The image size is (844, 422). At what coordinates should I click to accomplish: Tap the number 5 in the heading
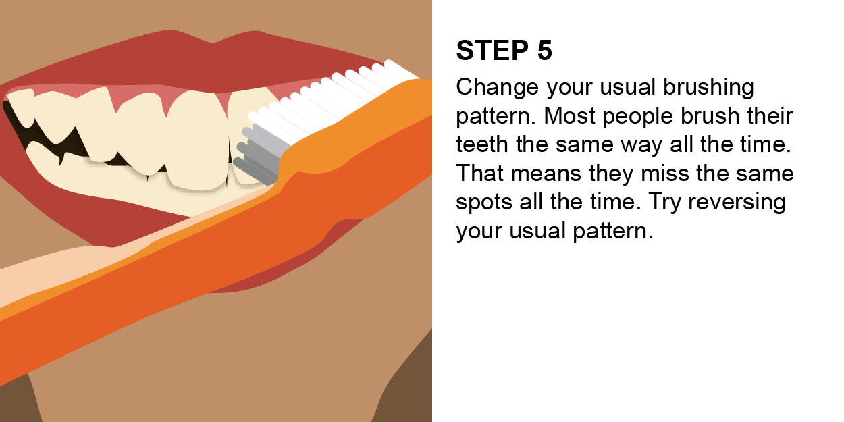coord(544,51)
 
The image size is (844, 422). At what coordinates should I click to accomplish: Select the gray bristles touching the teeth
coord(260,152)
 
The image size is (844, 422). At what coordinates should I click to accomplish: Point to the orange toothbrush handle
coord(203,270)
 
